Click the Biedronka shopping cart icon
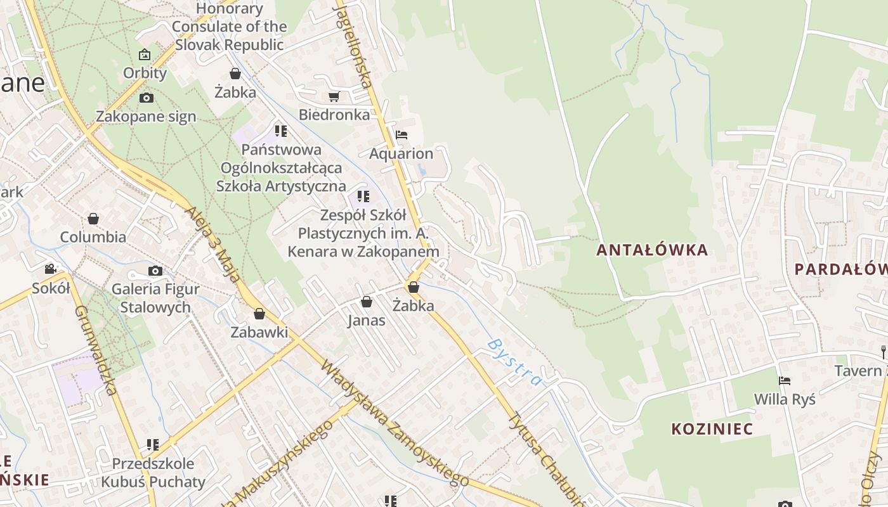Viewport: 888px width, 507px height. (x=334, y=97)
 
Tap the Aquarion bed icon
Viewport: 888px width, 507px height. (x=401, y=135)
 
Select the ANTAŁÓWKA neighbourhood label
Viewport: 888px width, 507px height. (x=652, y=250)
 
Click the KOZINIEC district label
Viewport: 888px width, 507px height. (x=712, y=429)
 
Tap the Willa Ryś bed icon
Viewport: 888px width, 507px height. (x=785, y=381)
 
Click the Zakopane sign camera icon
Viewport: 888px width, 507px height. (x=147, y=98)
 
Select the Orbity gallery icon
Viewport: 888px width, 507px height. (x=145, y=55)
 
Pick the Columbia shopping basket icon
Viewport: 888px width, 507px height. (x=93, y=219)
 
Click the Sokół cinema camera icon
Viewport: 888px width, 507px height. (x=50, y=269)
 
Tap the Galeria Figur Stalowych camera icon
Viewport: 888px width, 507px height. (x=155, y=271)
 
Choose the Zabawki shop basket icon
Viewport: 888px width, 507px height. (x=259, y=313)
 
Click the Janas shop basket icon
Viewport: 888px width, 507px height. (x=367, y=302)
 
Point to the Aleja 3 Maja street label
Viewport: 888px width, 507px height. (x=212, y=243)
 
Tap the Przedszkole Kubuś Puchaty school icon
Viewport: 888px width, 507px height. (x=152, y=445)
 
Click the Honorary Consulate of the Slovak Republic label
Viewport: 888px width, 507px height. (x=229, y=27)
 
